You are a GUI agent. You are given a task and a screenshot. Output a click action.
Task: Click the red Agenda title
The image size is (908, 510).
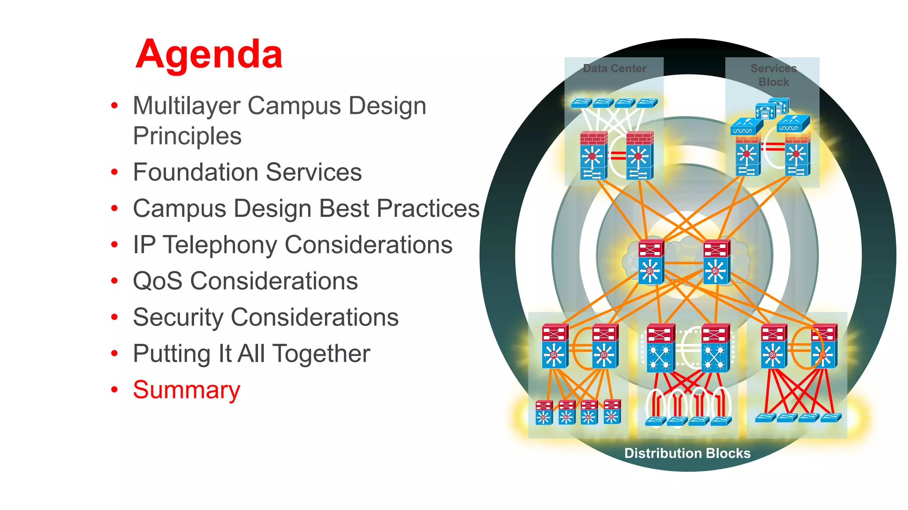209,54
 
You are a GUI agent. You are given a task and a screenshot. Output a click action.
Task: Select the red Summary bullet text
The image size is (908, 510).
186,390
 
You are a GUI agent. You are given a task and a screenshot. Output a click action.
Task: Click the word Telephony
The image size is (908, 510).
220,245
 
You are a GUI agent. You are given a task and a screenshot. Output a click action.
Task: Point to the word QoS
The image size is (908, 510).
157,281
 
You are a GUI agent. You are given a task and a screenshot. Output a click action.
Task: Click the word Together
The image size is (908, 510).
321,354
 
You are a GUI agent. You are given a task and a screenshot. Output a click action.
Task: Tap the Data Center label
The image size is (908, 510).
614,69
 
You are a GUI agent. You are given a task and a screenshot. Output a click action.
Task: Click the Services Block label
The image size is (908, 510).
773,75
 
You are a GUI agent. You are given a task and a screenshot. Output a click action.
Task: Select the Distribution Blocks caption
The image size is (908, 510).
687,453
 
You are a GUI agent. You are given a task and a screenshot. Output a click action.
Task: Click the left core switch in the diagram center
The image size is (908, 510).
651,262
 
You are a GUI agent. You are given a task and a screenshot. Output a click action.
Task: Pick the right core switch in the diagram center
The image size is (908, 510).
716,262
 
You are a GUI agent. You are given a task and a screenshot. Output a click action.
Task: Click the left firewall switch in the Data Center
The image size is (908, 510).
593,156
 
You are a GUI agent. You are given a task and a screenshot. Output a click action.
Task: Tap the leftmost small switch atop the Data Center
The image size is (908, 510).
581,103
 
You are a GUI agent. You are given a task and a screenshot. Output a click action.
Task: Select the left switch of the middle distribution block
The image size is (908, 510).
660,348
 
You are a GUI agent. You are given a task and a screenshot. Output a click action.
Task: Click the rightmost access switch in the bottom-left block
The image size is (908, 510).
612,412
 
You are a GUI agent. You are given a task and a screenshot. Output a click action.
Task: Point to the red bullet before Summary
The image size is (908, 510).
114,390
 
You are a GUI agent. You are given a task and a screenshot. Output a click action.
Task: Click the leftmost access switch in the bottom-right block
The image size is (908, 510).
765,417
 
